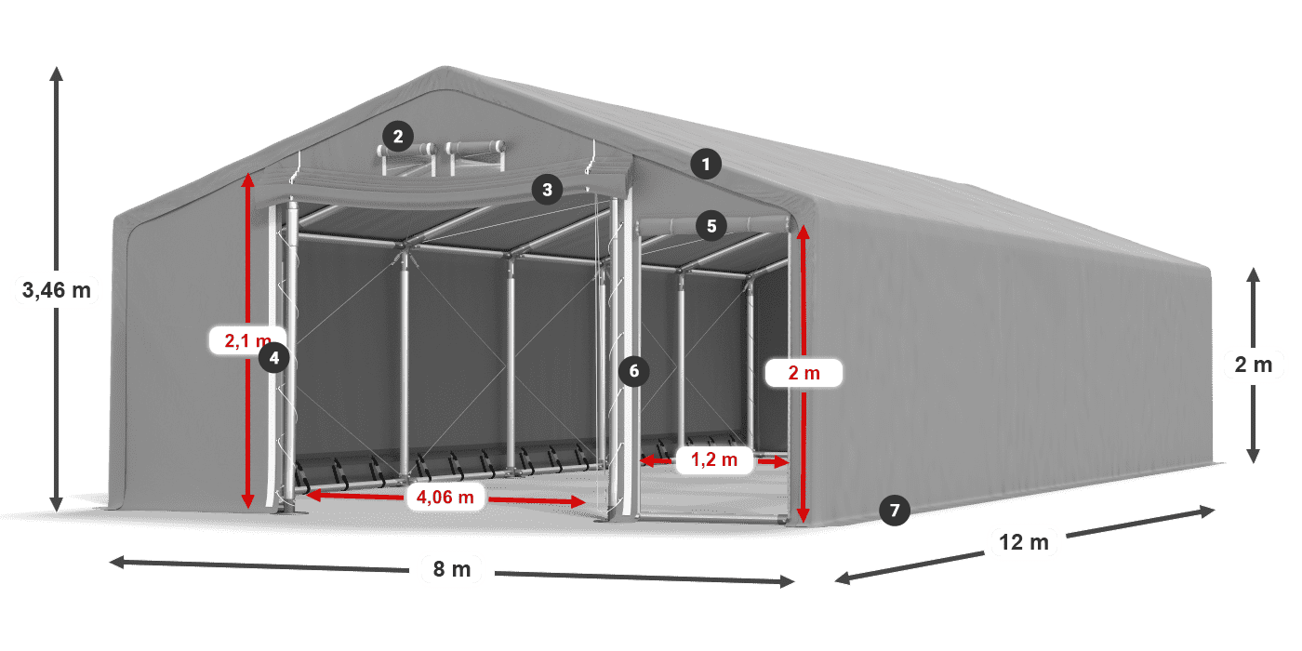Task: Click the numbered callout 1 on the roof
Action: click(x=706, y=165)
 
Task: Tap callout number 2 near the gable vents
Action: click(x=398, y=137)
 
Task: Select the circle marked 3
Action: click(x=547, y=190)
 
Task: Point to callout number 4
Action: click(x=273, y=357)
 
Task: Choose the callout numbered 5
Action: click(x=711, y=226)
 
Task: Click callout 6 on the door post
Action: click(x=634, y=371)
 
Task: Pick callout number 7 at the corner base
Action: click(x=895, y=511)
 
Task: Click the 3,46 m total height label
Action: click(x=57, y=290)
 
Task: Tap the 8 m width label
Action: click(x=452, y=569)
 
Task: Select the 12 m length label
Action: click(x=1024, y=542)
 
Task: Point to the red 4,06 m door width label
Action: click(x=445, y=497)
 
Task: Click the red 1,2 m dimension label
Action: click(x=714, y=459)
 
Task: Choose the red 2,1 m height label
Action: click(x=247, y=340)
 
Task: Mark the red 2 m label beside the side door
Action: click(x=804, y=373)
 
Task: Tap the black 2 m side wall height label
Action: click(x=1254, y=365)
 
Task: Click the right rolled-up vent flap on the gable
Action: click(x=475, y=148)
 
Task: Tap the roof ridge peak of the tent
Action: click(x=445, y=68)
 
